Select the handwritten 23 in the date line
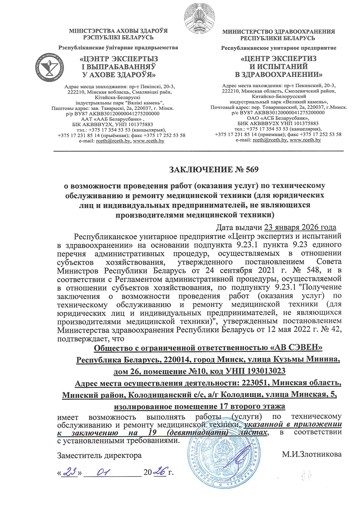pyautogui.click(x=70, y=472)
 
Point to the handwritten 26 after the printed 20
pyautogui.click(x=160, y=472)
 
